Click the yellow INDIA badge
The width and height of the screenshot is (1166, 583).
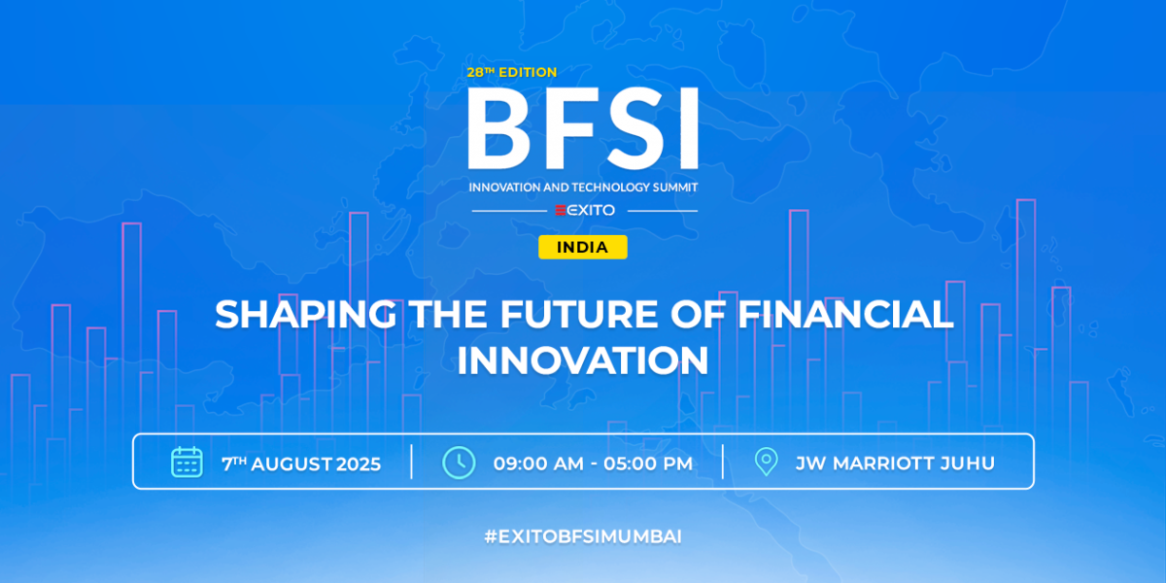tap(583, 248)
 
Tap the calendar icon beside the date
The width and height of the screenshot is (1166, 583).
tap(187, 462)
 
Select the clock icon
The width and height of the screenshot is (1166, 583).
tap(459, 462)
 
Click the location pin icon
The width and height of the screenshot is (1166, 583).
tap(767, 462)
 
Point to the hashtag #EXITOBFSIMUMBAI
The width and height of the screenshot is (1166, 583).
tap(583, 536)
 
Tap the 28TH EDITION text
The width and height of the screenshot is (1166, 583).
tap(511, 72)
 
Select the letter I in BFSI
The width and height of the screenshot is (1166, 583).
tap(686, 129)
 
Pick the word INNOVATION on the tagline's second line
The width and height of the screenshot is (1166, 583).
tap(583, 360)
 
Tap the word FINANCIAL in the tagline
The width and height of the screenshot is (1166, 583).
tap(844, 315)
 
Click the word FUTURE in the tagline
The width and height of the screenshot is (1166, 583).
tap(580, 315)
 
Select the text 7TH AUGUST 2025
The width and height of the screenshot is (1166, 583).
tap(301, 463)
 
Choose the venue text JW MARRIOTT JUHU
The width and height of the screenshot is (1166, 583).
tap(895, 463)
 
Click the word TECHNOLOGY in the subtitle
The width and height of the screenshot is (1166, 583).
tap(597, 186)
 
